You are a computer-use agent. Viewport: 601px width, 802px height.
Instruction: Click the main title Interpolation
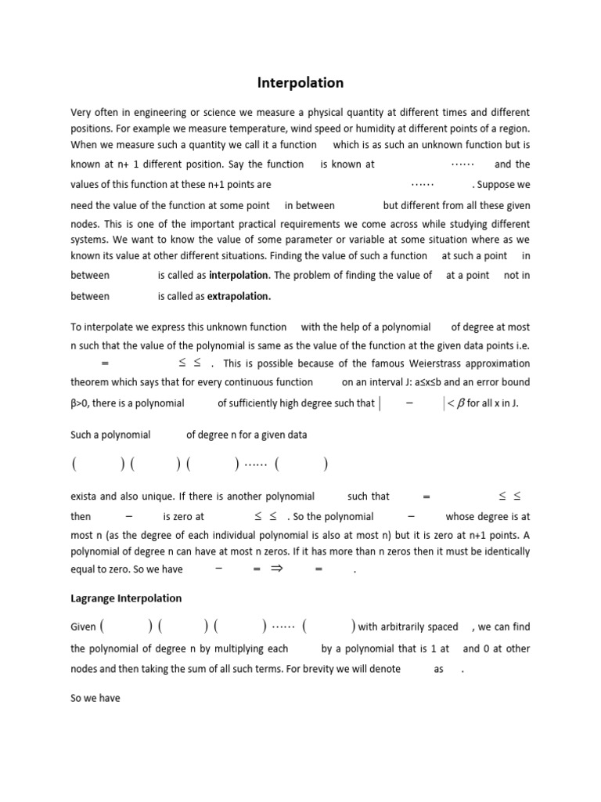(x=300, y=82)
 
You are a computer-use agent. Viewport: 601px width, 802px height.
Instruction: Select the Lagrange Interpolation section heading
(x=126, y=598)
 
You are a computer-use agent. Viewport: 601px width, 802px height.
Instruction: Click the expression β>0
(x=82, y=403)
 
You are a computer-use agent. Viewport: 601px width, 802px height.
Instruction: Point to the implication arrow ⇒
(x=275, y=570)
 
